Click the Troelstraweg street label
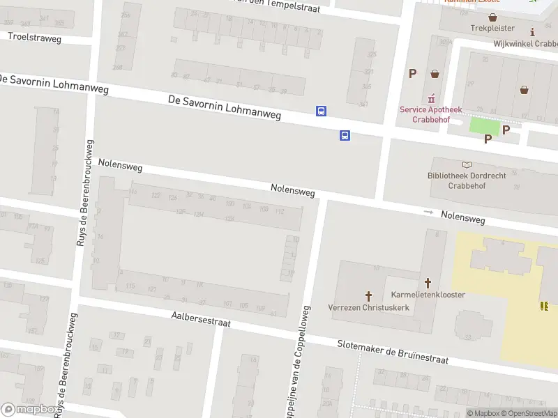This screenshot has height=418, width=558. pos(35,38)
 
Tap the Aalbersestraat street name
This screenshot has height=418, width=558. pos(201,320)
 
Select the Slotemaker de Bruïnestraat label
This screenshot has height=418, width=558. pos(393,353)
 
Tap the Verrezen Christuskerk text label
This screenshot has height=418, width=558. pos(368,308)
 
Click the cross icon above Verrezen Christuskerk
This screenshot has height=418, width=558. pos(368,296)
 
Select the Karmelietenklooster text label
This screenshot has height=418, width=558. pos(428,295)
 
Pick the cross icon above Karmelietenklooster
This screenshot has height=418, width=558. pos(428,283)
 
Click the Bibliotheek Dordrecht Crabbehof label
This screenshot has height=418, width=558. pos(467,181)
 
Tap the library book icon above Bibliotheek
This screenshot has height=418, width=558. pos(467,164)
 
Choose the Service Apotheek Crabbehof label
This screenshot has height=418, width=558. pos(431,114)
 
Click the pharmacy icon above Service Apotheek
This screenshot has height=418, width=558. pos(431,98)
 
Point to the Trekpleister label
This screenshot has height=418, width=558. pos(492,29)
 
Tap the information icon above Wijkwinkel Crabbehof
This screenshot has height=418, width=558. pos(533,32)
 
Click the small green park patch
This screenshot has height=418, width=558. pos(485,126)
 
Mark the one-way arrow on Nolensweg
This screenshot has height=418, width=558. pos(428,212)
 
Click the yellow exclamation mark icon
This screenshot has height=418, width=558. pos(544,306)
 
